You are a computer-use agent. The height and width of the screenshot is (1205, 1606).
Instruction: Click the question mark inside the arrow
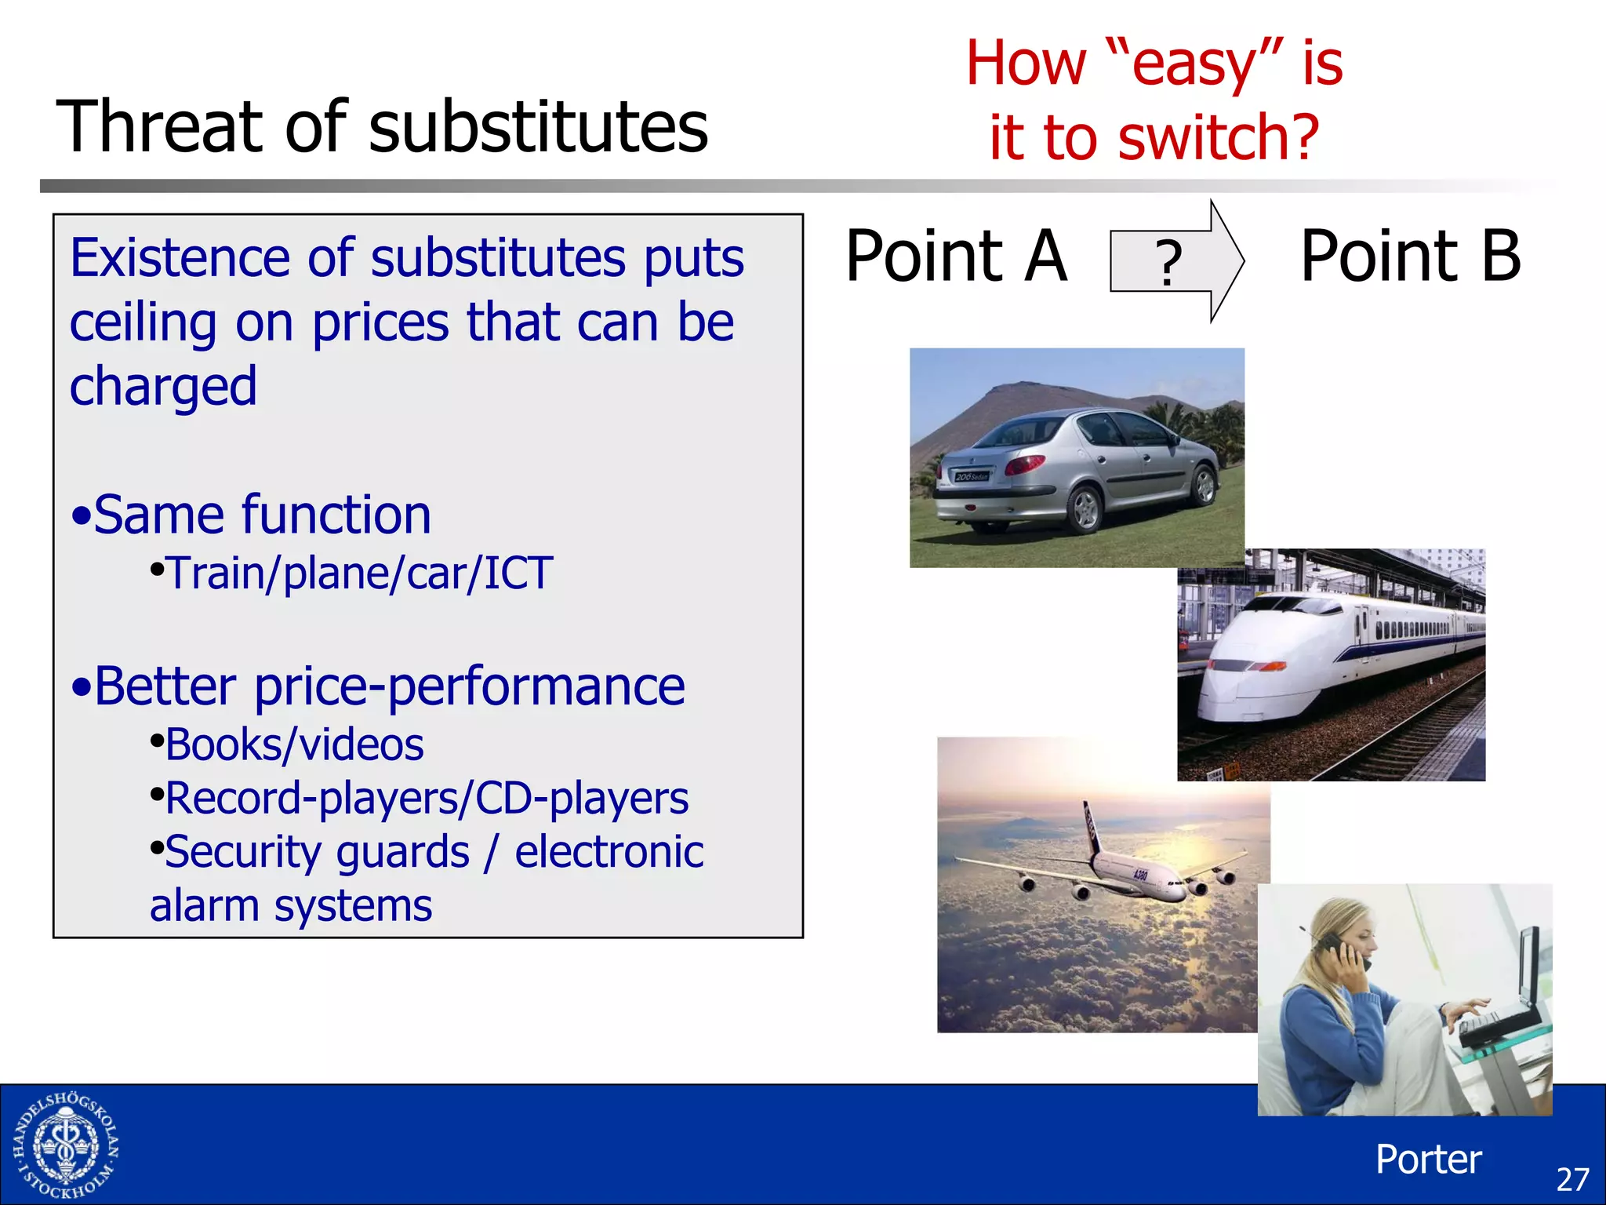(1168, 263)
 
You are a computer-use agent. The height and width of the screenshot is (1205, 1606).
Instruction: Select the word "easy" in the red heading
(1197, 64)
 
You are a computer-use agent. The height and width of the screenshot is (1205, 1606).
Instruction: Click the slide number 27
(1571, 1179)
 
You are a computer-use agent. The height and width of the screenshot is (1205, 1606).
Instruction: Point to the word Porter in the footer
(1428, 1159)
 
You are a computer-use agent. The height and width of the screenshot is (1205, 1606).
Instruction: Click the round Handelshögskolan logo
(66, 1146)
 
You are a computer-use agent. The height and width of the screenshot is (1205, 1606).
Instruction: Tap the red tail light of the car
(1024, 464)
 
